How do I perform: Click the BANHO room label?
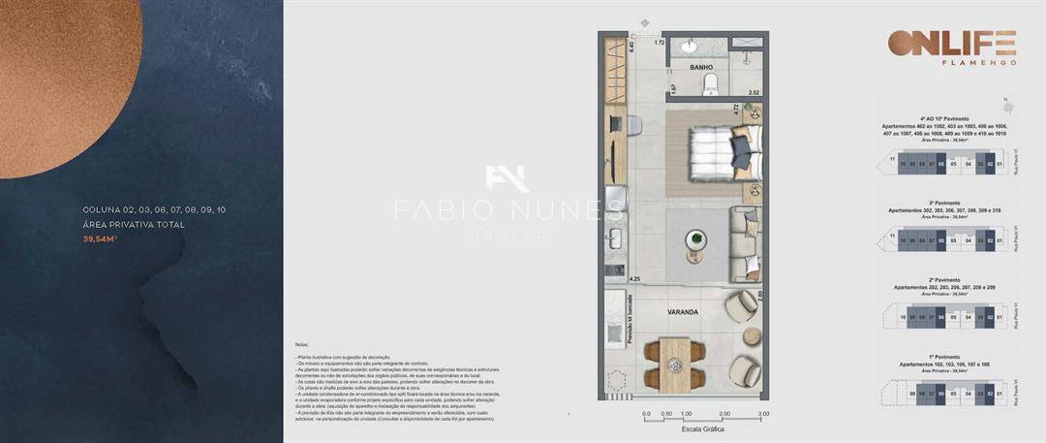(x=701, y=68)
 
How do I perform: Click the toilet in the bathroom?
(x=711, y=81)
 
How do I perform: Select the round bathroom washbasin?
(x=691, y=47)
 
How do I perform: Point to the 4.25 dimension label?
(x=635, y=279)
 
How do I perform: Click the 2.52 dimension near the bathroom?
(x=754, y=93)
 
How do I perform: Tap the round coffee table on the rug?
(x=693, y=239)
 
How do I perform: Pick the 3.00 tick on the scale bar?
(x=763, y=414)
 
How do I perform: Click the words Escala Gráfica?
(x=704, y=427)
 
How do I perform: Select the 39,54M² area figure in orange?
(x=101, y=238)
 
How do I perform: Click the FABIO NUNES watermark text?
(x=508, y=209)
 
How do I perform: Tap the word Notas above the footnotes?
(x=303, y=345)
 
